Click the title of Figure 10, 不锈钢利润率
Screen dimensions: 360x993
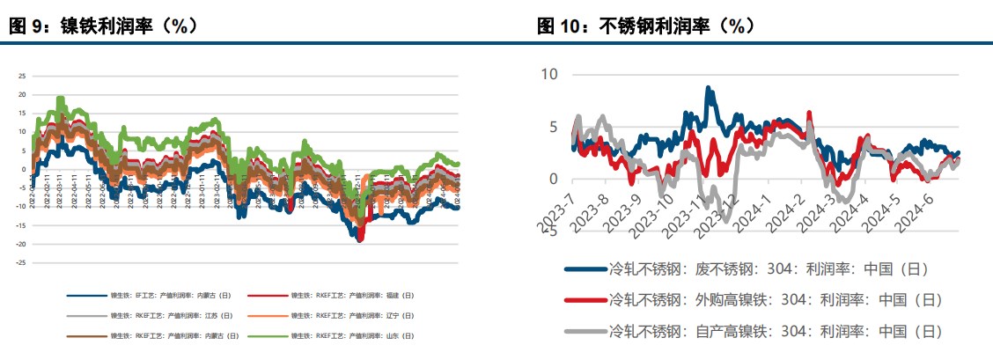[x=646, y=26]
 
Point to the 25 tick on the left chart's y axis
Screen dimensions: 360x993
[x=22, y=76]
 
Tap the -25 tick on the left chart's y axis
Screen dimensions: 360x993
[x=21, y=262]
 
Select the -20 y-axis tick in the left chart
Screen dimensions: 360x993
[x=21, y=244]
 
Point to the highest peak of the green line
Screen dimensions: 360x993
[x=60, y=98]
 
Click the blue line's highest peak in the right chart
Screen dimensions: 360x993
[x=708, y=87]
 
